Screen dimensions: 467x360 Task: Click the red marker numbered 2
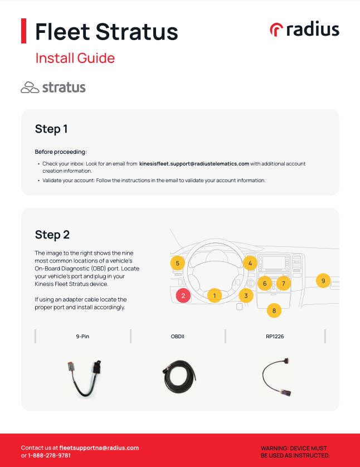(183, 296)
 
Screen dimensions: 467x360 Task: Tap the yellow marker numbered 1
(214, 295)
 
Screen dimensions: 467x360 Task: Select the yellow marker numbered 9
(323, 281)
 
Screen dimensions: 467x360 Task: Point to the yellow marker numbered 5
(177, 263)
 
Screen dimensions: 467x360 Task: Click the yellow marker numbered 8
(274, 310)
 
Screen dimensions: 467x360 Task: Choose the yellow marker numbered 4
(250, 263)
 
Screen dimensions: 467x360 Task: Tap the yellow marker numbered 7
(283, 284)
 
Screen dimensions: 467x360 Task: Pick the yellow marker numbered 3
(246, 295)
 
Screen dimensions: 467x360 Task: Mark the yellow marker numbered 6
(265, 284)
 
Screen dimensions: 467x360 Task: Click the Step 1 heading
(51, 129)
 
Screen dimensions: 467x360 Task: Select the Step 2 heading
(52, 234)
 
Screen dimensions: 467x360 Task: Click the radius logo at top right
(304, 29)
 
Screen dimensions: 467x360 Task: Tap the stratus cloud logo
(53, 87)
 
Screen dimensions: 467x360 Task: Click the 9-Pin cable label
(83, 337)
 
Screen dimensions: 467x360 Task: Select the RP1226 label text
(275, 337)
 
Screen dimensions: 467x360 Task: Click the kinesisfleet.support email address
(194, 164)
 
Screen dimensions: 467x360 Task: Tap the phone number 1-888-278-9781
(49, 455)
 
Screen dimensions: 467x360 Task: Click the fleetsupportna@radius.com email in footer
(99, 447)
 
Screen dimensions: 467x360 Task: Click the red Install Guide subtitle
(75, 58)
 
